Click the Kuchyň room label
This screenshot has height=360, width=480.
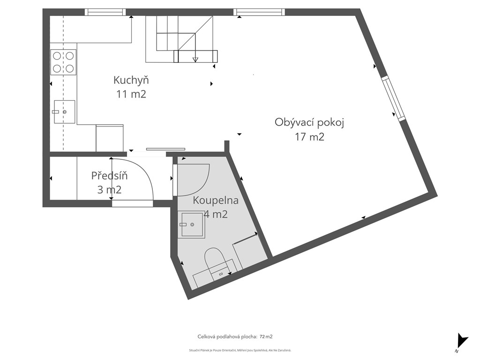point(131,80)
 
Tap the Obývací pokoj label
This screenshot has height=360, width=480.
point(309,123)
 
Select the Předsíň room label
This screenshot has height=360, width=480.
point(109,176)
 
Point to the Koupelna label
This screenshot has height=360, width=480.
point(216,201)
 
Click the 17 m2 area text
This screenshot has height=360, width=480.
point(309,136)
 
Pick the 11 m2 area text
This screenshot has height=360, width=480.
point(131,94)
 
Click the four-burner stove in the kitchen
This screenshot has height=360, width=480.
point(63,62)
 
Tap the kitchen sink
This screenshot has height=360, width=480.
point(65,112)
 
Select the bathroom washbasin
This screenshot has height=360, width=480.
point(192,225)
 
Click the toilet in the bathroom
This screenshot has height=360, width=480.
point(214,260)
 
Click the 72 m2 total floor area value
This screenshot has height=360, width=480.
point(266,337)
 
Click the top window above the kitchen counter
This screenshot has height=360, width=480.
point(105,12)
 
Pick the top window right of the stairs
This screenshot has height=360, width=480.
point(259,12)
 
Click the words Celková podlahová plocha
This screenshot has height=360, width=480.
point(227,337)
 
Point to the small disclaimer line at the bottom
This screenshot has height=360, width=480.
point(240,350)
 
